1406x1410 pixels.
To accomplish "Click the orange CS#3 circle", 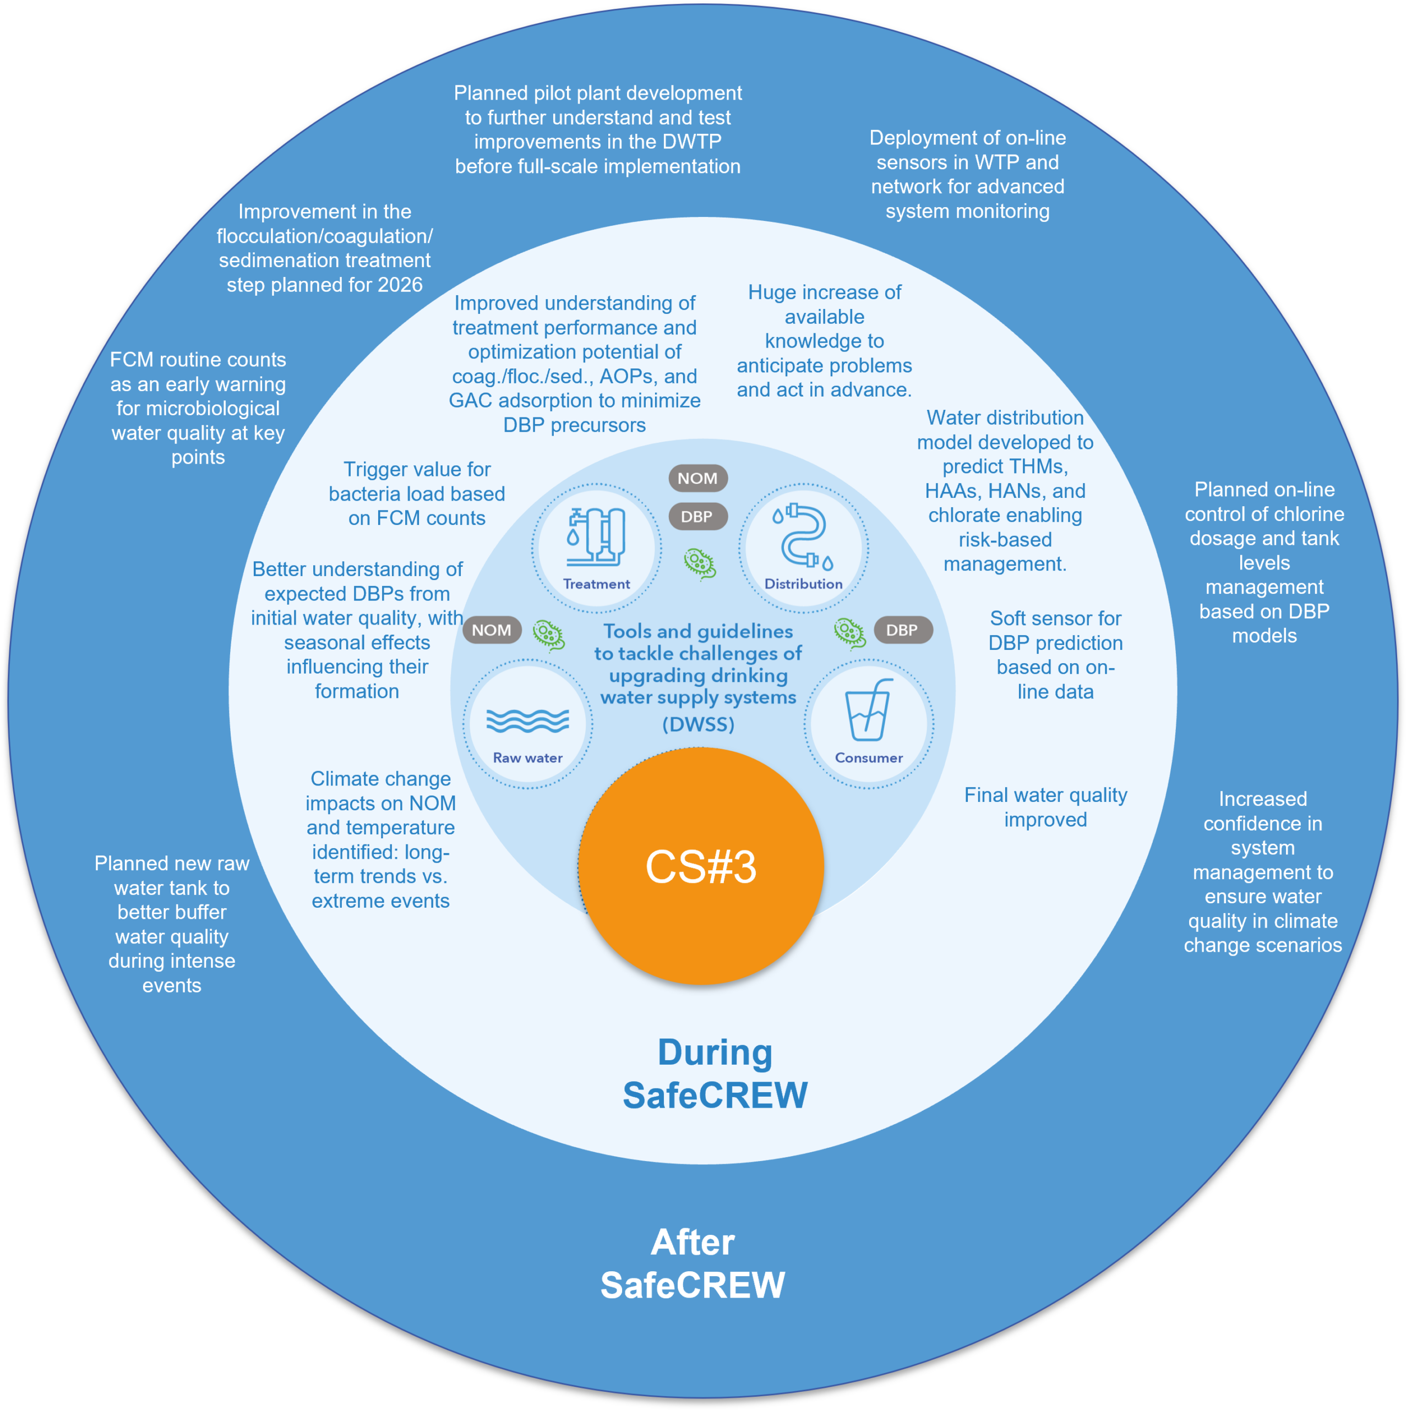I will (x=700, y=866).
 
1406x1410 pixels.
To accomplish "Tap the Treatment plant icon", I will (x=596, y=537).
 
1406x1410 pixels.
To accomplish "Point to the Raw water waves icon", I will (x=527, y=720).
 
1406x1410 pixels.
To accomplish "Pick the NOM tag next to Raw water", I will (x=492, y=630).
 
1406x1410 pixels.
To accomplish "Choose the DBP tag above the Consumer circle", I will (x=902, y=630).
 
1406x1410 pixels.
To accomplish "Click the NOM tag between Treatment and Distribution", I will (x=697, y=478).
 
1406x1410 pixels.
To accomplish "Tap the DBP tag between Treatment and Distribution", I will (x=697, y=517).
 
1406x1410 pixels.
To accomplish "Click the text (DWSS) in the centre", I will (x=698, y=724).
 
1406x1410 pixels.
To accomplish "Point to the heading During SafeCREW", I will (x=715, y=1073).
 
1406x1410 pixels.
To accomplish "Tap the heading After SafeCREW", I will (x=693, y=1263).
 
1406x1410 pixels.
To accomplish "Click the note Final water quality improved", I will (x=1045, y=807).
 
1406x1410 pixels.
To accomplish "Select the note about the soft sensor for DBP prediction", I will (x=1055, y=655).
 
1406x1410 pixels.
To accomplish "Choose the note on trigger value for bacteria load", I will (x=417, y=493).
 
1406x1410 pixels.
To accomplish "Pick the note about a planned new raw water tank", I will (x=172, y=924).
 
